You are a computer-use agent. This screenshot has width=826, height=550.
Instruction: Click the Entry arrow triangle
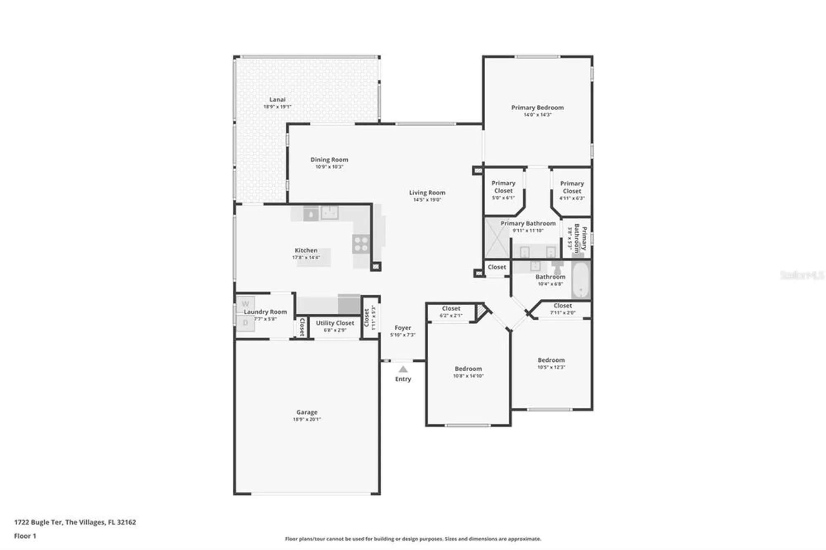(x=403, y=369)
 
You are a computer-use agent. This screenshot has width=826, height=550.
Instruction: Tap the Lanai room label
(x=277, y=100)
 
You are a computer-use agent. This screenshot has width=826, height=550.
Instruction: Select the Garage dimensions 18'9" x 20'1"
(x=307, y=420)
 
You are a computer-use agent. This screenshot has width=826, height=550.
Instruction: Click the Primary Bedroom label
(x=537, y=107)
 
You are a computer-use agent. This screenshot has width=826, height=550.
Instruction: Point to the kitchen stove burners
(x=361, y=244)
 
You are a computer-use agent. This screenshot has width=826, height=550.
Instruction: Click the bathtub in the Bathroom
(x=581, y=280)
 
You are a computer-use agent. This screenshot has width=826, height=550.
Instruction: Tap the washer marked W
(x=245, y=304)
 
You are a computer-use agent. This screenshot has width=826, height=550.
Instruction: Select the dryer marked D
(x=245, y=323)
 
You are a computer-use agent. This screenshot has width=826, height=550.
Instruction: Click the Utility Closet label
(x=335, y=323)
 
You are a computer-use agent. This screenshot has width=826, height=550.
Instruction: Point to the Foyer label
(x=403, y=327)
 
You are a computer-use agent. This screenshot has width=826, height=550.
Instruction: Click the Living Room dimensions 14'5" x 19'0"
(x=427, y=200)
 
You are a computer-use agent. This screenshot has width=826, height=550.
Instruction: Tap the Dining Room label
(x=329, y=159)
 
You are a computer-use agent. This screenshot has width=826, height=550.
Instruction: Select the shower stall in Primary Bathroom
(x=497, y=238)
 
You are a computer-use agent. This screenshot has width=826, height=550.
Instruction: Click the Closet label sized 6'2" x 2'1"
(x=451, y=308)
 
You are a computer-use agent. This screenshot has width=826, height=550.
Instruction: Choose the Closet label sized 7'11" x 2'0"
(x=563, y=306)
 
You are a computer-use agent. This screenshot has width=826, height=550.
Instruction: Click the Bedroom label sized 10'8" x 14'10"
(x=468, y=369)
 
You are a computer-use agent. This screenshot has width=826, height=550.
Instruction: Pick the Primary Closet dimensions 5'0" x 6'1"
(x=503, y=198)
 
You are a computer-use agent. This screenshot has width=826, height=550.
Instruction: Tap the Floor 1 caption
(x=25, y=536)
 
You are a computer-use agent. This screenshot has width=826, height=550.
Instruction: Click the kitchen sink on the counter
(x=330, y=213)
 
